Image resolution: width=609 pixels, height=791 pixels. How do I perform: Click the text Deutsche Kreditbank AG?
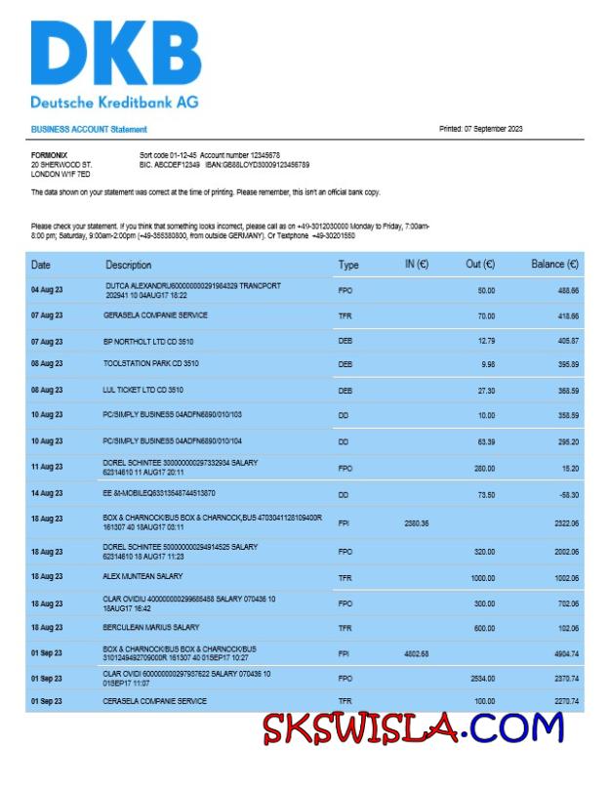(x=114, y=102)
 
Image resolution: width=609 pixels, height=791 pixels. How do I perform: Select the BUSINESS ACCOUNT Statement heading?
(x=89, y=129)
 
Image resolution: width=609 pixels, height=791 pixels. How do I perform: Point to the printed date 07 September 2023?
(x=480, y=129)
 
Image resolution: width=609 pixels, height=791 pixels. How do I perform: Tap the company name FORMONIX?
(x=49, y=155)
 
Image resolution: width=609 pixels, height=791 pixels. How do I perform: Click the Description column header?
(x=129, y=265)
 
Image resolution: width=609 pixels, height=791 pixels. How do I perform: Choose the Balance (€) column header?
(x=554, y=265)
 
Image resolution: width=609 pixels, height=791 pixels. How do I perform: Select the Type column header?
(x=348, y=265)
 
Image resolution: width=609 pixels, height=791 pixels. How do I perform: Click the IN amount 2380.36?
(x=417, y=523)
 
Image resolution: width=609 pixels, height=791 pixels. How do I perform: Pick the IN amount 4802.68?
(x=417, y=653)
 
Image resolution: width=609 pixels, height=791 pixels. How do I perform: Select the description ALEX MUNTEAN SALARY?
(x=143, y=576)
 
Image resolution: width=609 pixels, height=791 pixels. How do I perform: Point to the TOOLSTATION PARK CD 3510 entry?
(x=151, y=363)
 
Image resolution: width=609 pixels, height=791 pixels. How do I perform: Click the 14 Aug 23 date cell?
(x=47, y=493)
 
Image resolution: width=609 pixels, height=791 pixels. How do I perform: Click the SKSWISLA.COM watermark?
(x=413, y=728)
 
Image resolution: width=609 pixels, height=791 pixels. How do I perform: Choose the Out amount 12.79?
(x=486, y=340)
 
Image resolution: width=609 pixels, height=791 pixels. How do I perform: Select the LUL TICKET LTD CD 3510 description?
(x=143, y=390)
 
